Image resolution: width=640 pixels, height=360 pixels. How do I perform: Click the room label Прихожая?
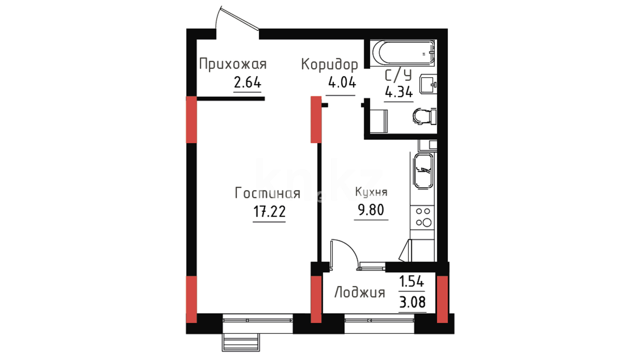[x=233, y=64]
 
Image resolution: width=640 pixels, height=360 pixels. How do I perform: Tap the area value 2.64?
[x=247, y=82]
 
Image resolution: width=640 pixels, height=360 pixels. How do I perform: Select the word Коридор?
[x=329, y=65]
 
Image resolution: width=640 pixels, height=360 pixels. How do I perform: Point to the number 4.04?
[x=342, y=82]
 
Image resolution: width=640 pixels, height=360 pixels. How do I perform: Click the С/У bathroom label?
[x=398, y=76]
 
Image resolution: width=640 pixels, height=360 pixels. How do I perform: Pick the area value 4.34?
[x=399, y=91]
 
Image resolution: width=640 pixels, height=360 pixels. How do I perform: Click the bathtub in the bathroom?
[x=403, y=52]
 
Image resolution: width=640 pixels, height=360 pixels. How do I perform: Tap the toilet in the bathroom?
[x=424, y=116]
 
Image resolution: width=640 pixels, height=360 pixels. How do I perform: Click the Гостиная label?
[x=268, y=193]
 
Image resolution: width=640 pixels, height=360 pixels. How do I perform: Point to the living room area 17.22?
[x=269, y=211]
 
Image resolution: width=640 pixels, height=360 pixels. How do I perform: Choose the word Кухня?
[x=371, y=192]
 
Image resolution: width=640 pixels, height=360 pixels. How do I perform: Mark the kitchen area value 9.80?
[x=371, y=210]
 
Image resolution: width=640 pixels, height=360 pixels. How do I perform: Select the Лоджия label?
[x=360, y=292]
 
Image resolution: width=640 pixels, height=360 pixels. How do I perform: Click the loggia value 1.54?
[x=412, y=282]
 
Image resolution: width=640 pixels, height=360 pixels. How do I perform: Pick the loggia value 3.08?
[x=412, y=302]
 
